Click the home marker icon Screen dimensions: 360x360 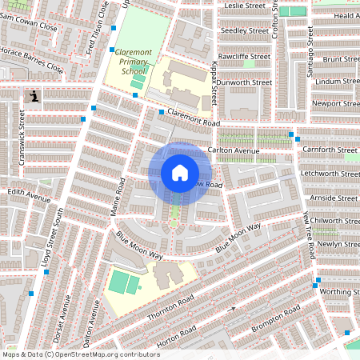pyautogui.click(x=180, y=172)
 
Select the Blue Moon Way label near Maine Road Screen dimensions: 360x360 pyautogui.click(x=139, y=246)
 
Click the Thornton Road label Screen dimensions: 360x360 pyautogui.click(x=171, y=306)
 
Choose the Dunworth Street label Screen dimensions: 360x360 pyautogui.click(x=246, y=81)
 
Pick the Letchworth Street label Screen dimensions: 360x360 pyautogui.click(x=329, y=173)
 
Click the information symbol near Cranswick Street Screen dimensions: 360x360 pyautogui.click(x=34, y=97)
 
